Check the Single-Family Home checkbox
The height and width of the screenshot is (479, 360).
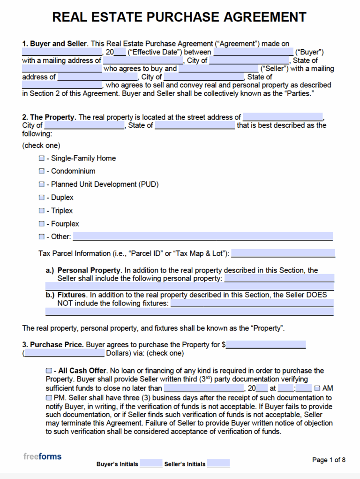click(42, 159)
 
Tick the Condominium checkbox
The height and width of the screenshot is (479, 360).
click(42, 171)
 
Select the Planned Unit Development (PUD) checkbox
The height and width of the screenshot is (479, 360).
click(42, 184)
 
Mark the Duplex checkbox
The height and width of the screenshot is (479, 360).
click(42, 198)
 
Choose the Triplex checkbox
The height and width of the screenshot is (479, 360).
click(42, 211)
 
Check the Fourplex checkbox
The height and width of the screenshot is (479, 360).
click(42, 224)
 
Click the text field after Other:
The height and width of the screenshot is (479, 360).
click(202, 236)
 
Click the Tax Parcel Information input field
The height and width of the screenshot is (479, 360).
click(283, 253)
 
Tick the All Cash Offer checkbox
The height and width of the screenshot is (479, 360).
click(49, 371)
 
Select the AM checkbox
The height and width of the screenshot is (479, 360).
click(317, 388)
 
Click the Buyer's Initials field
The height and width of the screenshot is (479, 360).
click(151, 464)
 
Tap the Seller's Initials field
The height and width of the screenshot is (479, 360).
click(218, 464)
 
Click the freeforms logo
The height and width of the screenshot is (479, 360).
click(42, 456)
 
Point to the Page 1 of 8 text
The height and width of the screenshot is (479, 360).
click(329, 460)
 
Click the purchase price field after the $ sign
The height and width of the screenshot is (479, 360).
click(266, 344)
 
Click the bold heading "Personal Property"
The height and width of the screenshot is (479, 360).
click(89, 270)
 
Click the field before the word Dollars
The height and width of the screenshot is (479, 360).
click(65, 353)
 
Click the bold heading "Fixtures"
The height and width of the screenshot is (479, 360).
click(71, 295)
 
